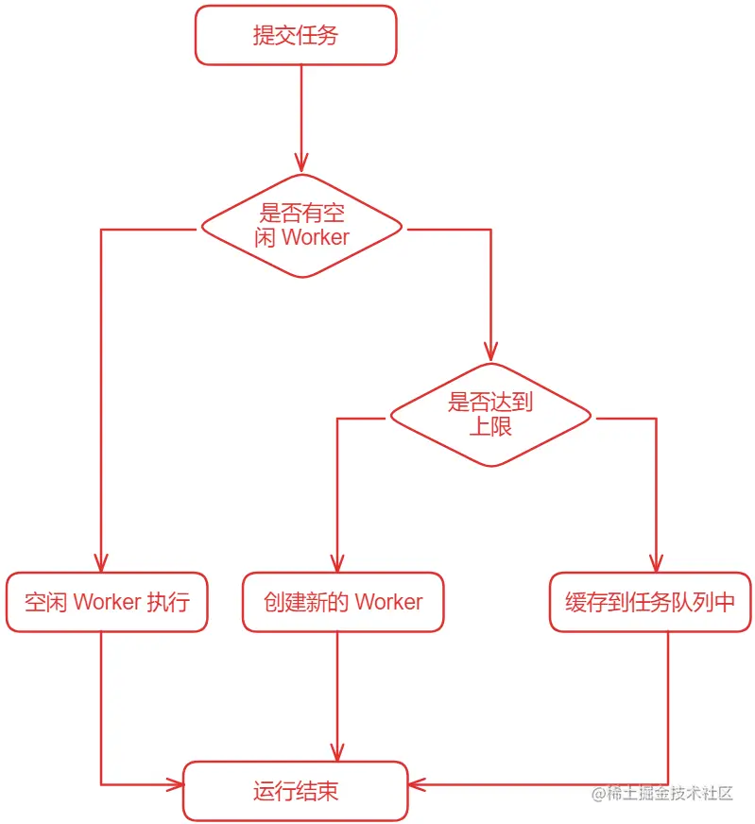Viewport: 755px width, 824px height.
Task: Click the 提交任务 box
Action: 296,36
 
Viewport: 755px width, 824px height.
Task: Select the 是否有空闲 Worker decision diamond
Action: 301,227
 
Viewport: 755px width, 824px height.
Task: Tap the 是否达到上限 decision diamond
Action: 490,415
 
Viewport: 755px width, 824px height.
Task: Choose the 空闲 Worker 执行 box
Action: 107,602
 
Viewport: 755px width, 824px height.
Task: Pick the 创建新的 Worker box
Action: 343,602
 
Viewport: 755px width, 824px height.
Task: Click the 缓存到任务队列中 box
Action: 650,602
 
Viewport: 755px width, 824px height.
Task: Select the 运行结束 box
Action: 296,791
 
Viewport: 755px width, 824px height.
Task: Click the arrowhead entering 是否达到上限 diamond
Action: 490,352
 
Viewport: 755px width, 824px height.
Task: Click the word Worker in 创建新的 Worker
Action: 388,602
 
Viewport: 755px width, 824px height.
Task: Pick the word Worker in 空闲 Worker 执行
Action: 107,602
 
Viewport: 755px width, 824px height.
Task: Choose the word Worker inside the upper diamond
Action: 316,237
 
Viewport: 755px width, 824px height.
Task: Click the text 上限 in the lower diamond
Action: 490,426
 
